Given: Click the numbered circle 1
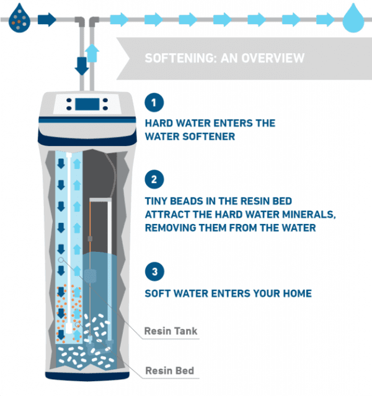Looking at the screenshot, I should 155,102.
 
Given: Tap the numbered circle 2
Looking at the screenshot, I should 155,179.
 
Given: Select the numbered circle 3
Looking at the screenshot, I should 155,272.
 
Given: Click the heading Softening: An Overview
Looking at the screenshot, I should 224,59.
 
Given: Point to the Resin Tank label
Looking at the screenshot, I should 170,331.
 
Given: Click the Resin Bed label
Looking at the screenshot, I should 169,371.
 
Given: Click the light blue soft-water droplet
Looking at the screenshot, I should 354,19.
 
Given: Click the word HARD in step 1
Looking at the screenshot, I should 159,123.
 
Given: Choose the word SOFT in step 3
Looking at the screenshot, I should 159,293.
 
